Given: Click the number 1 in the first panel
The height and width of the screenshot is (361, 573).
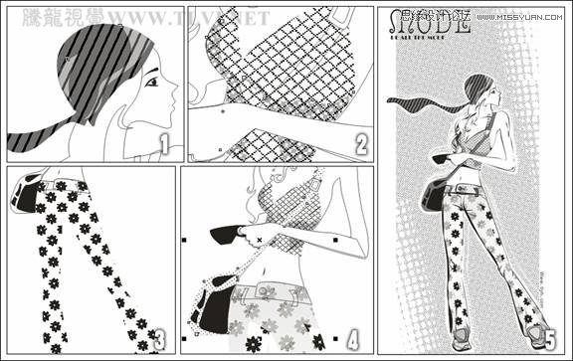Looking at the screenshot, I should coord(166,145).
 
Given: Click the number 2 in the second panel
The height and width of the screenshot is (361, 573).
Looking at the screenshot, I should coord(359,146).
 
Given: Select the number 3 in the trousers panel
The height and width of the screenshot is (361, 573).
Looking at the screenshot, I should coord(159,339).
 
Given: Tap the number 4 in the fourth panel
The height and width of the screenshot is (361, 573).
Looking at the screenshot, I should coord(354,339).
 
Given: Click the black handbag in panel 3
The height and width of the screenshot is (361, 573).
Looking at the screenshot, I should coord(27,193).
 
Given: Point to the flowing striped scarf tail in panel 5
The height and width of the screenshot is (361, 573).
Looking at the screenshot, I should coord(423,102).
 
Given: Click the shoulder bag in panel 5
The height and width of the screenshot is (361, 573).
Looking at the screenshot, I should coord(433,194).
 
